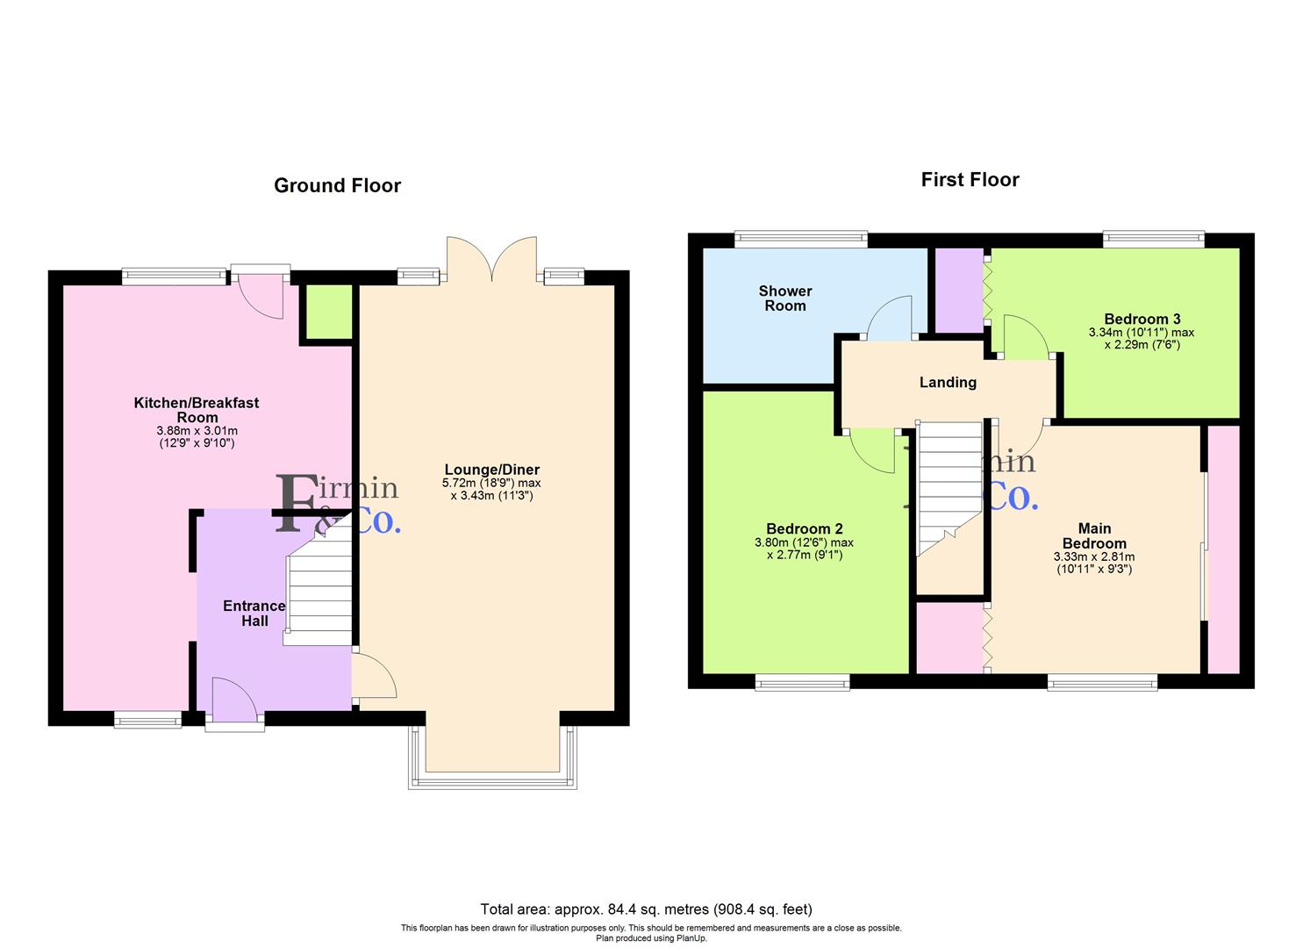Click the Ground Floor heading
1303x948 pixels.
(338, 185)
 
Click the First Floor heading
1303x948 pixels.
(970, 180)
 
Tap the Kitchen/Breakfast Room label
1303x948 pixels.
(197, 410)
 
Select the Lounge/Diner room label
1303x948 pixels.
(492, 469)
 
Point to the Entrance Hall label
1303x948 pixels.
(254, 614)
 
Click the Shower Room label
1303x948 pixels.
(785, 298)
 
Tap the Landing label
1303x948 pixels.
(948, 383)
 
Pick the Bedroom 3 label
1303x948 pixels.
(1142, 319)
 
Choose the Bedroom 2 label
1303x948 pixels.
(805, 528)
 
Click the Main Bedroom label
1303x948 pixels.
(1094, 535)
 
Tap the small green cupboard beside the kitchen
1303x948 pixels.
(329, 312)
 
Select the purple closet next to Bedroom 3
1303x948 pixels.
(959, 291)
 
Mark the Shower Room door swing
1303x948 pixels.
(889, 318)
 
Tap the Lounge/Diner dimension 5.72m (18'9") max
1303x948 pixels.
(491, 483)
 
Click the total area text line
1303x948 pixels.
(647, 908)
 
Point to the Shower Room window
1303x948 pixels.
(801, 239)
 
